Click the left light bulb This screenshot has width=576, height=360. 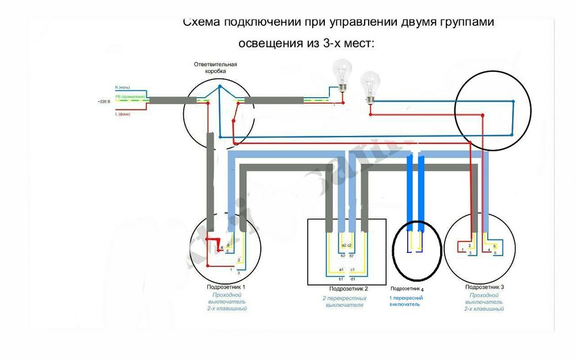(344, 74)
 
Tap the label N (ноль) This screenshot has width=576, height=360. (123, 87)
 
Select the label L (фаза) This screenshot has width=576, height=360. (123, 114)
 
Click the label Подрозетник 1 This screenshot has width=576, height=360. (226, 287)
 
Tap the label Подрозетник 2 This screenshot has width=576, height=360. (348, 289)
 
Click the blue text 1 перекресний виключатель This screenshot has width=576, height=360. (407, 301)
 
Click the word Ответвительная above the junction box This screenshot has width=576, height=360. (216, 65)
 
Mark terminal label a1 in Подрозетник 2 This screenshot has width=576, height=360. (341, 270)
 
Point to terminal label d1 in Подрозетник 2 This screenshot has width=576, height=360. (353, 278)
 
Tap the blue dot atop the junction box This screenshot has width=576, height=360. (219, 86)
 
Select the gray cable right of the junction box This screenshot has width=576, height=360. (273, 100)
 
